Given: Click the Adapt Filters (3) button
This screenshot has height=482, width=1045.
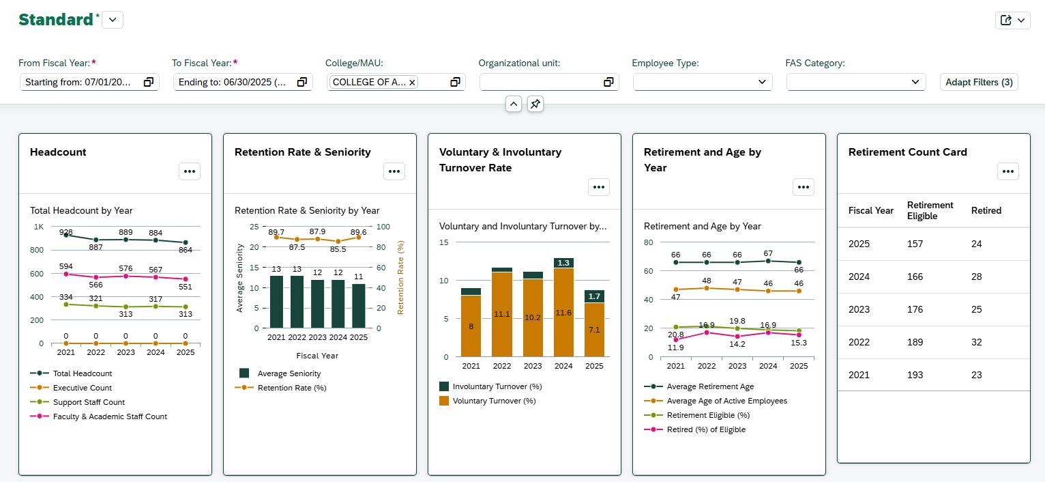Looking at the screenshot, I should [x=979, y=82].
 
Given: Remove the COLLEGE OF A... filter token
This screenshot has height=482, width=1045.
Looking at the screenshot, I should [x=412, y=83].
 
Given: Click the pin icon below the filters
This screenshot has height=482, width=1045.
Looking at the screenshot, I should [x=535, y=104].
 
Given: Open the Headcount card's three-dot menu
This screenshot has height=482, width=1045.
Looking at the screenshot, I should [x=190, y=171].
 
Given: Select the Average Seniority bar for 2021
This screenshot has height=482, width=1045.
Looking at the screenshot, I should [x=276, y=302].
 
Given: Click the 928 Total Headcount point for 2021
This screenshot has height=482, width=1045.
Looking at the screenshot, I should [x=66, y=235].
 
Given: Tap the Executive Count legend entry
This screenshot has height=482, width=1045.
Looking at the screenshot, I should [x=82, y=388].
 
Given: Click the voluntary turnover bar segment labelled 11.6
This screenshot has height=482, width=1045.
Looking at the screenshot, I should [x=563, y=313].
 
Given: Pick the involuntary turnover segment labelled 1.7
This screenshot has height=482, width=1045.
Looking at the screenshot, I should [x=594, y=296].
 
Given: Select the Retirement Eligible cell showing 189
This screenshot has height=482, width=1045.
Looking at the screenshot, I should [x=915, y=342].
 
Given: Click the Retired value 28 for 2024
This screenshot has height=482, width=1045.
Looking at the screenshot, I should [x=976, y=277].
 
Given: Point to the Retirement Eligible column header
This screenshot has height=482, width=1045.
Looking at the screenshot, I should [x=930, y=210].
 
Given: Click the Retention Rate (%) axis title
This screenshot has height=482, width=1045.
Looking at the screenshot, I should [x=401, y=277].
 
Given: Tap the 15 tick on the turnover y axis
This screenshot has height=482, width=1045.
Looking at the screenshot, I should [x=443, y=242].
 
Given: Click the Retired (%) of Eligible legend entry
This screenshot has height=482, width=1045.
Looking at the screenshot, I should [x=705, y=429].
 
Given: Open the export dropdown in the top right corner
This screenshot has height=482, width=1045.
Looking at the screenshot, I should [x=1013, y=20].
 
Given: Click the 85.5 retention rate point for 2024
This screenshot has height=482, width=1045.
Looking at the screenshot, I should [x=338, y=242].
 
